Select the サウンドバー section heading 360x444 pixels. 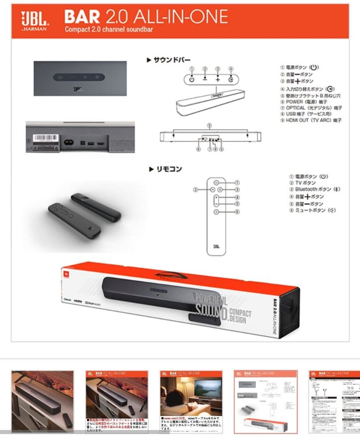(x=168, y=60)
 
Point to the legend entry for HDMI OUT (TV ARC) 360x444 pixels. (x=311, y=120)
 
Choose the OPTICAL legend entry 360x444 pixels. (x=311, y=108)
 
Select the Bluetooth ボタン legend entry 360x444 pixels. (x=315, y=190)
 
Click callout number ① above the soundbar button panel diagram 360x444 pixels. (x=192, y=69)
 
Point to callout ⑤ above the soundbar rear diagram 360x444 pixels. (x=209, y=125)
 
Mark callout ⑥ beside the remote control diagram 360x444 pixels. (x=237, y=212)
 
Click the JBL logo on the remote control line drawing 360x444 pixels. (x=216, y=247)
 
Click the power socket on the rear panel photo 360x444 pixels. (x=68, y=143)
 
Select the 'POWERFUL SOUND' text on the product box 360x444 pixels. (x=210, y=303)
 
